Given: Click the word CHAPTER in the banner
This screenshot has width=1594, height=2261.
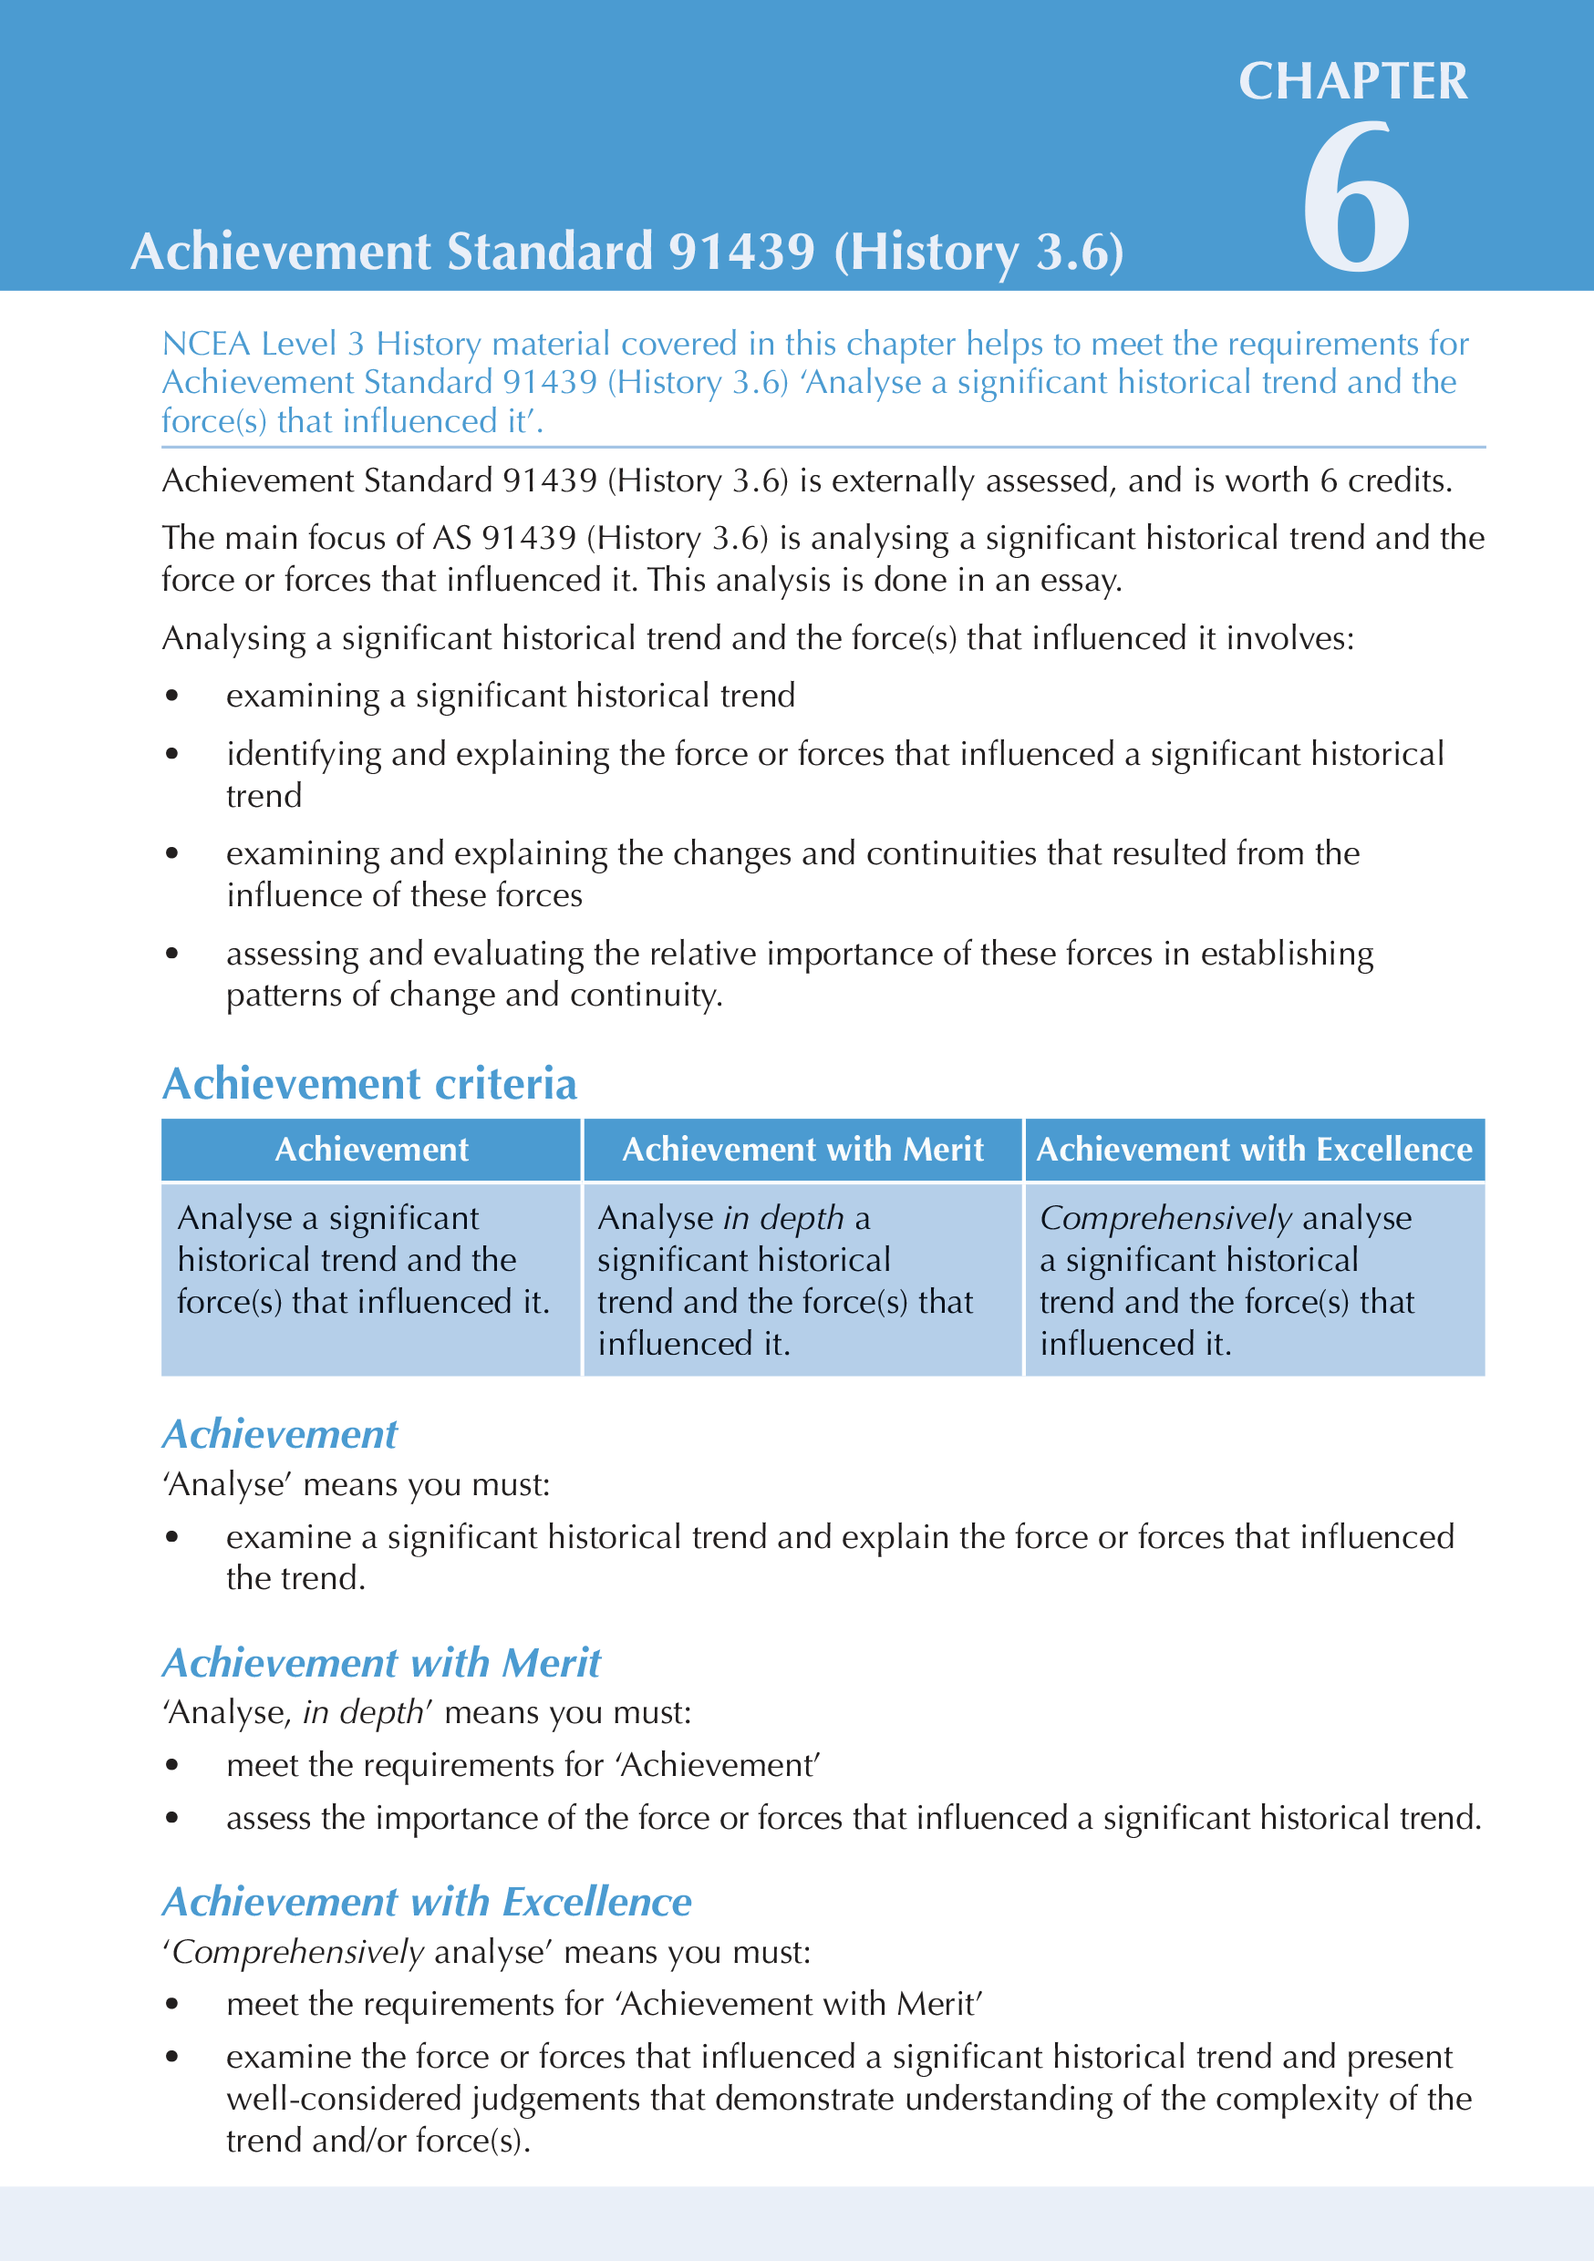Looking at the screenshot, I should point(1352,81).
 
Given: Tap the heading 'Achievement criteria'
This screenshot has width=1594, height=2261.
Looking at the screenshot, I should point(369,1083).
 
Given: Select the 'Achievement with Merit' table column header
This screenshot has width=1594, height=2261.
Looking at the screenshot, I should point(802,1150).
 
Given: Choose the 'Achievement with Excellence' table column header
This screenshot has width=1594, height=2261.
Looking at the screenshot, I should point(1254,1150).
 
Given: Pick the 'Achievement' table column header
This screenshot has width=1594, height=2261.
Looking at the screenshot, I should point(371,1150).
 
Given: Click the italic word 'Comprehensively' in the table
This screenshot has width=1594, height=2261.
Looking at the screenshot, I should point(1165,1218).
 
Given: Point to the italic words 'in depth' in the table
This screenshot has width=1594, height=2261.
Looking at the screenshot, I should point(783,1218).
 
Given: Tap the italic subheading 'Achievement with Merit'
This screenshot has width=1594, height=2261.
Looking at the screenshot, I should point(381,1663).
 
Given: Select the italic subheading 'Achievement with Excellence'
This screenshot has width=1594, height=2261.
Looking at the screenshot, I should point(427,1902).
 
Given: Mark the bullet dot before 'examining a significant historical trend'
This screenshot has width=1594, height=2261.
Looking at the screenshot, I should point(172,697).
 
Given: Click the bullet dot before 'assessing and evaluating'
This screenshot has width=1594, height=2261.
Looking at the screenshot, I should point(172,954).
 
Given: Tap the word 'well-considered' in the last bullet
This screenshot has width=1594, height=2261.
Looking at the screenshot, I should point(344,2099).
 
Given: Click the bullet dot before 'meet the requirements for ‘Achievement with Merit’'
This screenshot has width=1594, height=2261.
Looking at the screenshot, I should point(172,2004).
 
